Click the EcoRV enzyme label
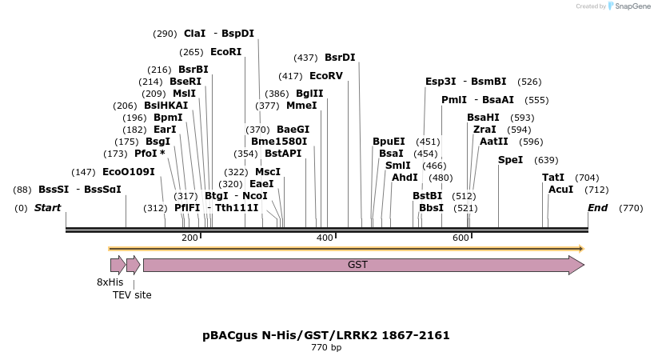point(325,76)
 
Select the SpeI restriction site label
point(510,160)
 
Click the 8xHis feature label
point(110,282)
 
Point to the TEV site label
point(132,295)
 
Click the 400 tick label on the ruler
point(325,238)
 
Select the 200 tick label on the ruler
point(189,238)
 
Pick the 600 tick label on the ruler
point(461,238)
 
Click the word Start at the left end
point(47,208)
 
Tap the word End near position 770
point(597,208)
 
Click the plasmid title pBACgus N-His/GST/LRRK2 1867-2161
point(326,335)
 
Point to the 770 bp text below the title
point(326,348)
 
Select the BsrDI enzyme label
point(340,58)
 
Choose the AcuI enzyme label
point(560,190)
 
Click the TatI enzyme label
point(552,178)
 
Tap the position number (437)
point(305,58)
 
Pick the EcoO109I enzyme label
point(129,172)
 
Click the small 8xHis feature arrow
point(118,265)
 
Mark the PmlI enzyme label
point(453,100)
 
